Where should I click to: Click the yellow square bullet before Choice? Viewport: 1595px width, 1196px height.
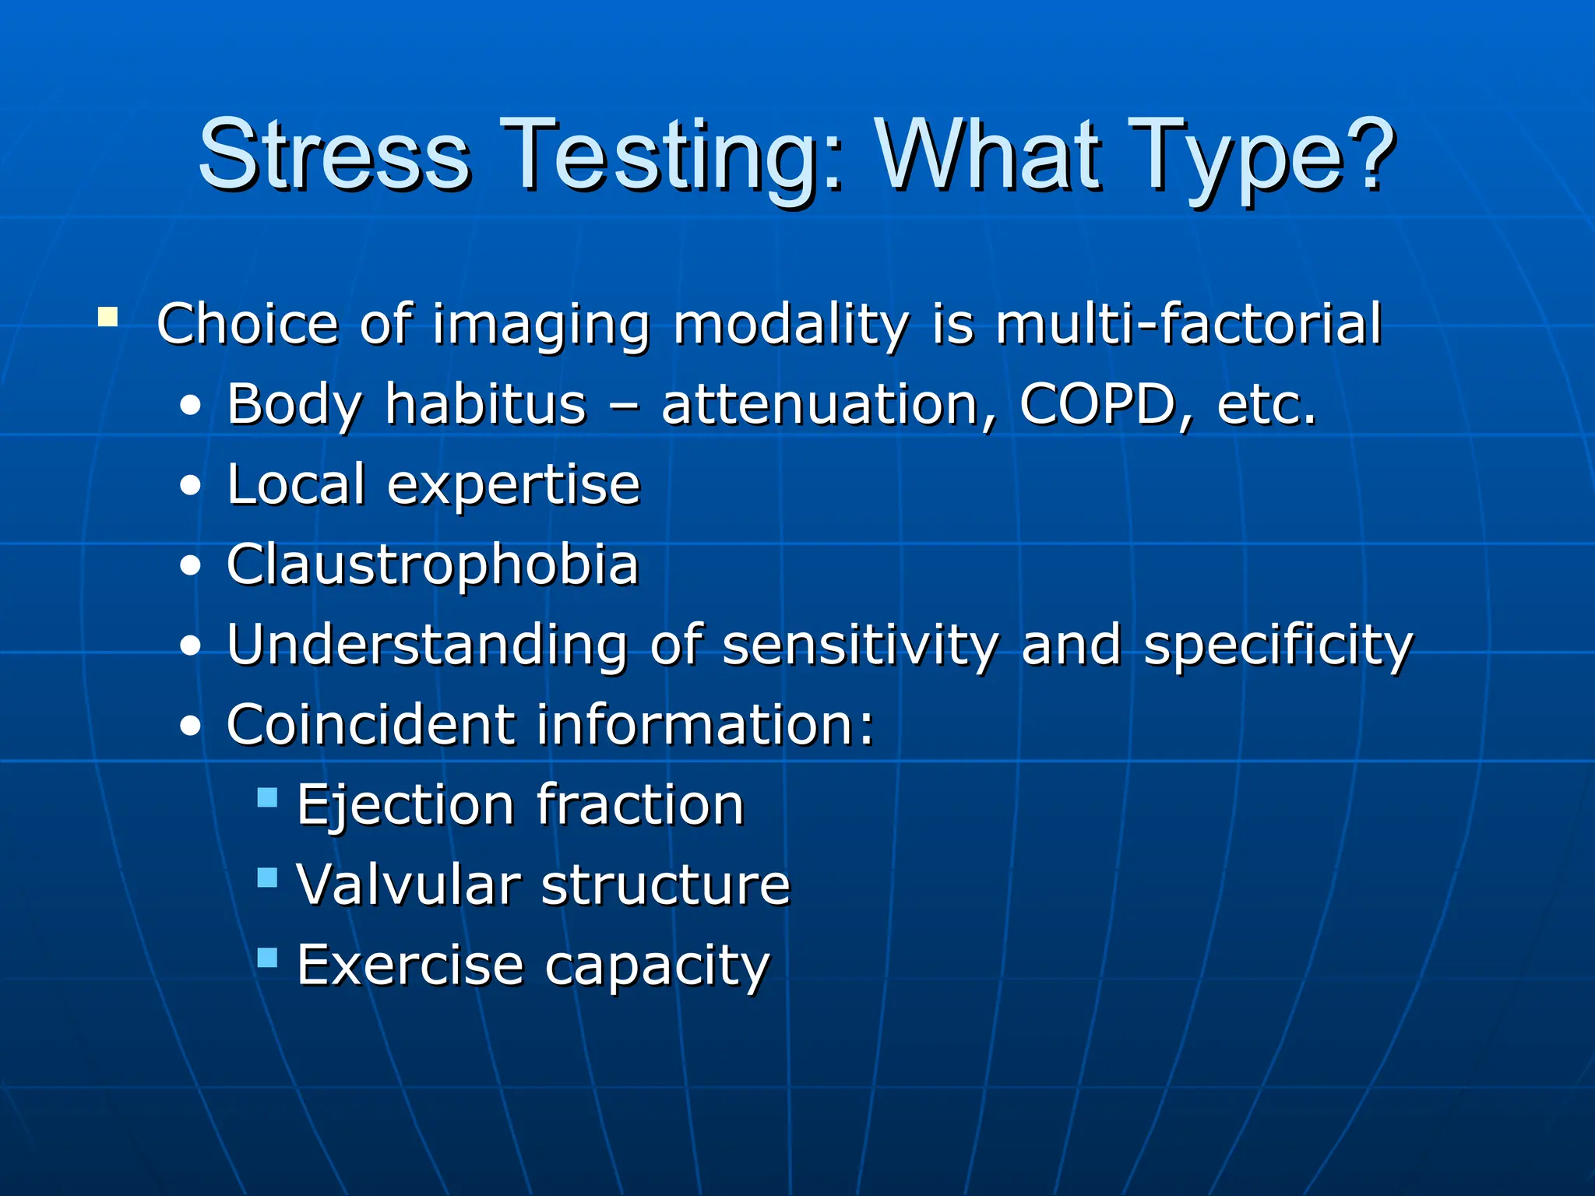pyautogui.click(x=108, y=318)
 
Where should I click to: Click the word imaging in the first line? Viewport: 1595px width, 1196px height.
pyautogui.click(x=540, y=325)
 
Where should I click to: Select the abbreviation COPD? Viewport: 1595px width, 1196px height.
pyautogui.click(x=1097, y=404)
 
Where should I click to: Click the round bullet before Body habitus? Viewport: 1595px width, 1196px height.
pyautogui.click(x=190, y=407)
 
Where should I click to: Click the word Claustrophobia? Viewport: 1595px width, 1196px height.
pyautogui.click(x=432, y=565)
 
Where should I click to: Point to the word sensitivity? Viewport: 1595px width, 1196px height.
pyautogui.click(x=860, y=645)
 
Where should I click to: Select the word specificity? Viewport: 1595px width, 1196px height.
pyautogui.click(x=1277, y=647)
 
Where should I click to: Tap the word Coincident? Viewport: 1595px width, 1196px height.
pyautogui.click(x=371, y=724)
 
